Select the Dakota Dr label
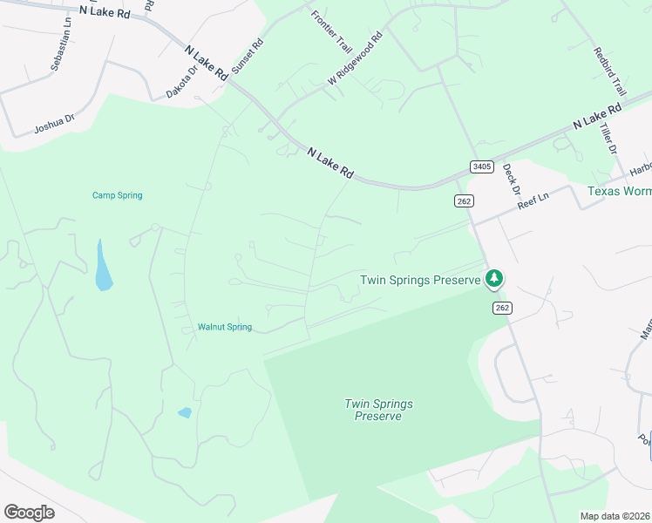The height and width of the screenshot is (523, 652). pos(182,80)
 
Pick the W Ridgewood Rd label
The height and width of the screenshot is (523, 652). pos(356,58)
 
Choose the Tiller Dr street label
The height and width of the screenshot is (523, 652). pos(608,138)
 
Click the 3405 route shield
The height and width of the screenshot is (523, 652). pos(481,166)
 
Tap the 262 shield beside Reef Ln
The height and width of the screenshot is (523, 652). pos(463,200)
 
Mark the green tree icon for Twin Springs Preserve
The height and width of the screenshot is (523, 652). pos(494,279)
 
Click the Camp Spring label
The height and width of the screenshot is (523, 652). pos(117,195)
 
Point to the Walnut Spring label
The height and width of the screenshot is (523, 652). pos(225,327)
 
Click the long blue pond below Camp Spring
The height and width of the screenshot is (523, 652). pos(103,266)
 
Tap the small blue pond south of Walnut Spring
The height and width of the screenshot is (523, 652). pos(184,412)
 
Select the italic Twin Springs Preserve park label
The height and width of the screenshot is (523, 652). pos(378,410)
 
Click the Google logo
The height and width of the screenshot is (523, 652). pos(28,513)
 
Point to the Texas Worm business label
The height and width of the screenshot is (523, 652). pos(619,191)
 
